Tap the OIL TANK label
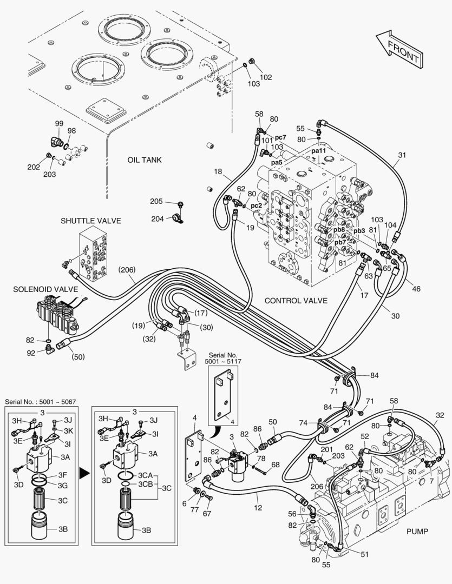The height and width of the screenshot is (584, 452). point(145,160)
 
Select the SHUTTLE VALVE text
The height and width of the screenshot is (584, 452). point(90,221)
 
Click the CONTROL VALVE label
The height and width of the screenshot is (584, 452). point(296,300)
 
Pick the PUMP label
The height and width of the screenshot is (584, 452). point(417,532)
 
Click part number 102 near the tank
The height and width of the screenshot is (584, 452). point(266,77)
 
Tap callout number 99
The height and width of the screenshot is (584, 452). point(59,124)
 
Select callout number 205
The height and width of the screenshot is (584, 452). point(156,201)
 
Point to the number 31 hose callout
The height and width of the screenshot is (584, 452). point(402,155)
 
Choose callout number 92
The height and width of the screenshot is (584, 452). point(30,353)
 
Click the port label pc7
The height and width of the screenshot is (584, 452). point(280,137)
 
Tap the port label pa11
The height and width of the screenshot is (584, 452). point(319,150)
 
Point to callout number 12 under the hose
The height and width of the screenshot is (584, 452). point(258,508)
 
